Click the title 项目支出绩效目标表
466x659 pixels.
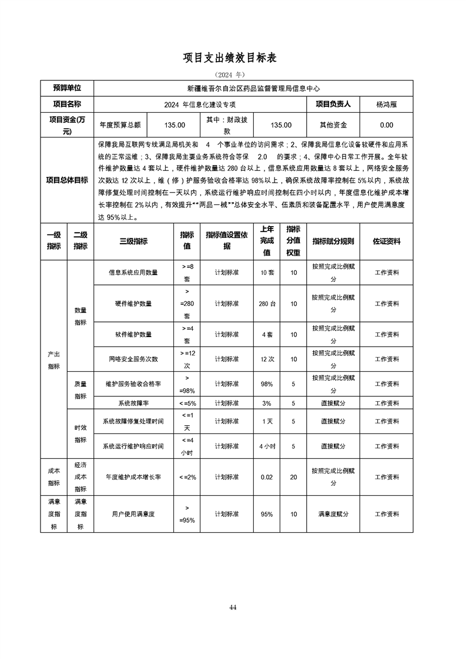click(x=233, y=58)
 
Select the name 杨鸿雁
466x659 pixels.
click(x=387, y=104)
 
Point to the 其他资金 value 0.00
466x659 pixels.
click(x=387, y=125)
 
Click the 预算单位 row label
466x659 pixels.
click(x=67, y=88)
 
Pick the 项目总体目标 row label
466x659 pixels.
click(x=67, y=180)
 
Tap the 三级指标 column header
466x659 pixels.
click(x=133, y=241)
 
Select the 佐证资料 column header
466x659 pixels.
click(x=387, y=241)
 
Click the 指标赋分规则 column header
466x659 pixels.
click(x=333, y=241)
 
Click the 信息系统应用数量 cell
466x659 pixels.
click(x=133, y=273)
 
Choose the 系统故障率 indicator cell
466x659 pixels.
click(x=133, y=404)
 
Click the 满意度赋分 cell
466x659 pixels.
click(x=333, y=514)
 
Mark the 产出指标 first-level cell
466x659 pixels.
click(x=53, y=360)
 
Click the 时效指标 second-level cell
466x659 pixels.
click(x=80, y=434)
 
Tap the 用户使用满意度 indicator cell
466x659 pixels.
click(x=133, y=514)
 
